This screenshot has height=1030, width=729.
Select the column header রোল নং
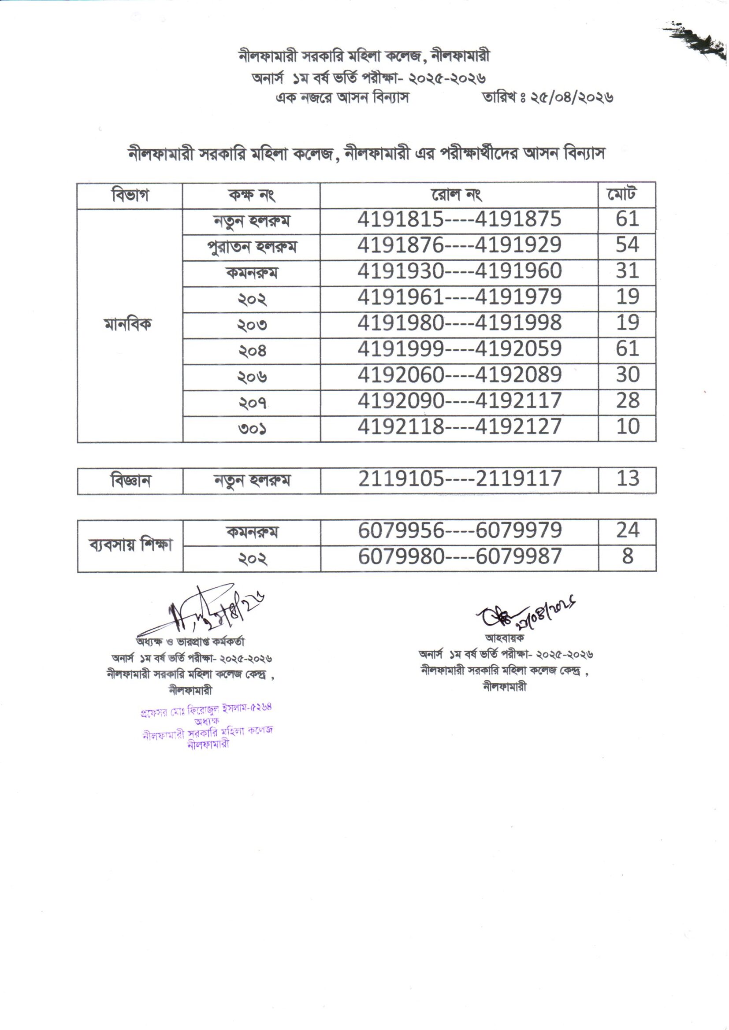click(457, 195)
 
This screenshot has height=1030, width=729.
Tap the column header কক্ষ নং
click(251, 195)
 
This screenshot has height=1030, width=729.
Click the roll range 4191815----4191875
click(459, 219)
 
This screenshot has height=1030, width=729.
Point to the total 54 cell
click(627, 245)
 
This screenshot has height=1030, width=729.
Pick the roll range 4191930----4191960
click(459, 271)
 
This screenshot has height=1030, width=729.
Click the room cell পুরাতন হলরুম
click(251, 247)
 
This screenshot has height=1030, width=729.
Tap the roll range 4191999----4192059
click(459, 349)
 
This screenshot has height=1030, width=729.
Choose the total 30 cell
click(627, 374)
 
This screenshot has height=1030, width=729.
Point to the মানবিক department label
click(128, 324)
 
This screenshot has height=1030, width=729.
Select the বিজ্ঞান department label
click(130, 481)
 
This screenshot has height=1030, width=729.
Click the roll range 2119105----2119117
click(460, 479)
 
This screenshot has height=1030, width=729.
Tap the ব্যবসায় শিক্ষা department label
click(130, 545)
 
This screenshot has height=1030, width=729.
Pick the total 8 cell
click(627, 556)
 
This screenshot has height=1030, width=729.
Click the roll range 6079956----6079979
click(460, 531)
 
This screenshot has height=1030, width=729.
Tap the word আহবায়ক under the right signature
click(504, 637)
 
